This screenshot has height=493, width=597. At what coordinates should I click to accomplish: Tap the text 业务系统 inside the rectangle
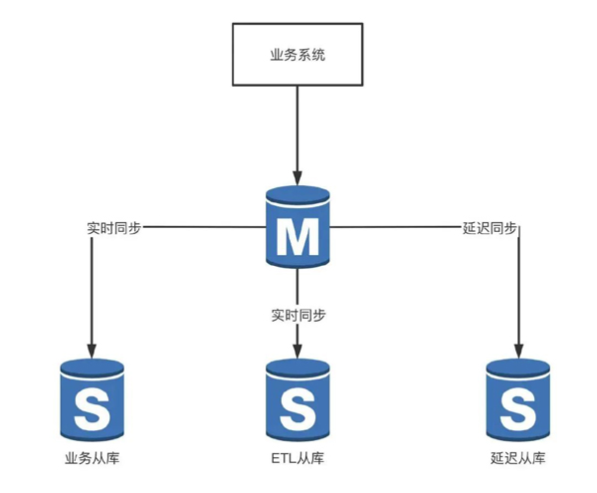point(298,55)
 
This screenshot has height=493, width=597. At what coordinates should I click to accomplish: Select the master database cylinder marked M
point(298,227)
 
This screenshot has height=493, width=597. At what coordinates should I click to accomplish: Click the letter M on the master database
point(298,237)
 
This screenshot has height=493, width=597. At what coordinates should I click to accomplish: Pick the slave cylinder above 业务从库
point(93,400)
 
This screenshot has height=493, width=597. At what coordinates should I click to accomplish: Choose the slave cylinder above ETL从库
point(298,400)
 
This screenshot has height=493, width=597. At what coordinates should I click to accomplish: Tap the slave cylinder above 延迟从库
point(518,400)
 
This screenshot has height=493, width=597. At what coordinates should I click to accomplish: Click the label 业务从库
point(93,458)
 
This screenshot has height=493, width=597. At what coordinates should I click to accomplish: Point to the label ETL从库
point(298,458)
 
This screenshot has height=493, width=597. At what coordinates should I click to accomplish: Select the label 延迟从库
point(518,458)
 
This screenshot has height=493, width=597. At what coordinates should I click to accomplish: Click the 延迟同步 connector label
point(490,228)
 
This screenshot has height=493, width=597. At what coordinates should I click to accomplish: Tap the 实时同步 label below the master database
point(298,316)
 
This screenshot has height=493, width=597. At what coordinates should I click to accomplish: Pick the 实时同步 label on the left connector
point(114,228)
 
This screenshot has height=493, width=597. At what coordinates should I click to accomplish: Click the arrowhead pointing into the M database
point(298,178)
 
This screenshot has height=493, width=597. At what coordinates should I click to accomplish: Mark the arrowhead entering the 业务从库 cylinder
point(92,352)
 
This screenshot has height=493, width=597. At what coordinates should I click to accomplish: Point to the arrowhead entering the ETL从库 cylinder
point(298,352)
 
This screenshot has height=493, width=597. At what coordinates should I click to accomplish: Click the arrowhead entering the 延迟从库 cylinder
point(518,352)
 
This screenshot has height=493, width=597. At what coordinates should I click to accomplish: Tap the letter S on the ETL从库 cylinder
point(298,410)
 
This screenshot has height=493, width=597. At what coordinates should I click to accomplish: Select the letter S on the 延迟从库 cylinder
point(518,410)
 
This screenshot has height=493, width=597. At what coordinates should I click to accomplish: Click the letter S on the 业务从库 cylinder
point(93,410)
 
